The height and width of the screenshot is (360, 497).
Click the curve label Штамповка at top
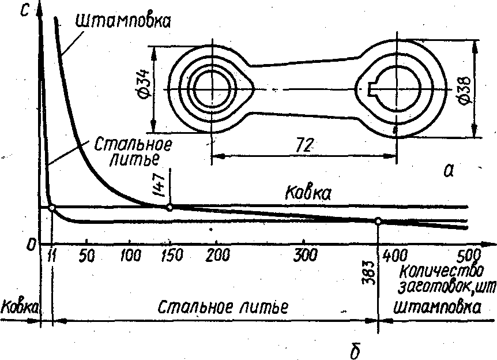122,21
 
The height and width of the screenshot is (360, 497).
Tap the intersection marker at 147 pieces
170,207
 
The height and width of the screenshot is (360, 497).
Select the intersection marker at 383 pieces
378,221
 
